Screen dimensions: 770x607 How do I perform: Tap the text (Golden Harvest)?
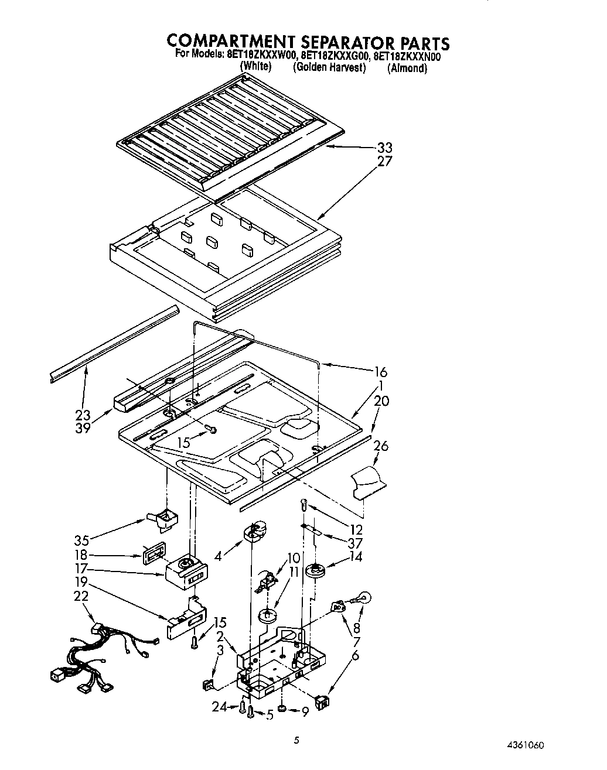point(329,67)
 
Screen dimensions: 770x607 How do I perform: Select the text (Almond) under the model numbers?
point(407,68)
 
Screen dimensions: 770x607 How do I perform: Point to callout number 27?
point(384,161)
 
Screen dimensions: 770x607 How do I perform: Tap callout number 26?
point(381,446)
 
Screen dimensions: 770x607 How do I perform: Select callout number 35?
point(82,540)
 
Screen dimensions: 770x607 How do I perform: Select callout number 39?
point(83,427)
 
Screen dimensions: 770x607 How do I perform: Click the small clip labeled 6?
point(322,700)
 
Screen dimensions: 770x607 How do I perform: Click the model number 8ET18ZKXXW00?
point(264,57)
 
